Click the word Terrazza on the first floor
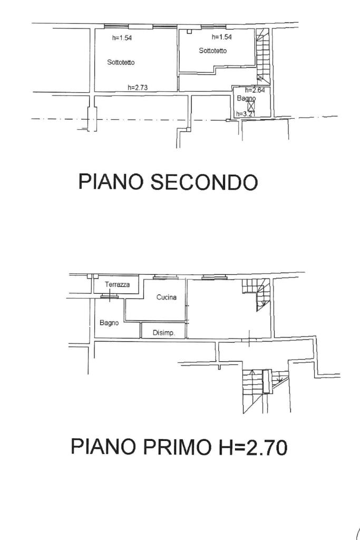(x=117, y=285)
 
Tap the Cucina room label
(x=166, y=297)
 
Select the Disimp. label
(x=163, y=333)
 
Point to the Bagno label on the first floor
(x=109, y=323)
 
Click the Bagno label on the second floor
(x=246, y=99)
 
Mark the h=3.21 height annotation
(x=245, y=113)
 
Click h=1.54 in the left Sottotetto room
(x=122, y=37)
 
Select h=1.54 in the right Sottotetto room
(x=222, y=37)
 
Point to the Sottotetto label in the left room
(x=121, y=62)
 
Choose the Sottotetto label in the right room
(x=213, y=51)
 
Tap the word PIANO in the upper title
(x=111, y=182)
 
